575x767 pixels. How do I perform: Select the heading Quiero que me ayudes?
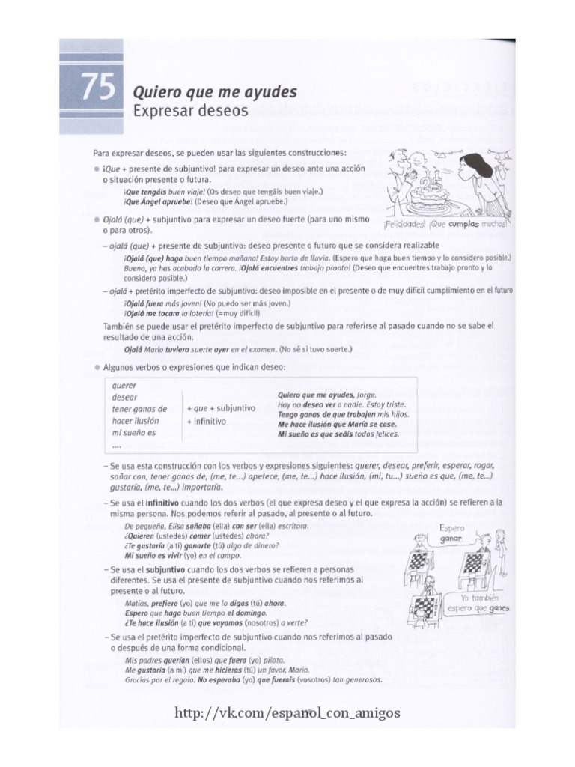tap(214, 92)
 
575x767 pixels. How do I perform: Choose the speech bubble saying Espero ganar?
tap(452, 533)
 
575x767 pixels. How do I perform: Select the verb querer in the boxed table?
tap(124, 386)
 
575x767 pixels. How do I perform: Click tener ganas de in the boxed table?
tap(139, 409)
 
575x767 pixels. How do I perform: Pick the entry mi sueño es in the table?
tap(133, 433)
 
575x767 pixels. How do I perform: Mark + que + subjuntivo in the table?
tap(222, 408)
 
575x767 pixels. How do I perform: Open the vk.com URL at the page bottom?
tap(287, 712)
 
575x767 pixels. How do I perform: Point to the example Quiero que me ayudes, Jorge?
tap(326, 395)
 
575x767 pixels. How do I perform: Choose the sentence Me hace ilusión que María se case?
tap(335, 424)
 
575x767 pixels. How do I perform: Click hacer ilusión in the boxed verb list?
tap(136, 421)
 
